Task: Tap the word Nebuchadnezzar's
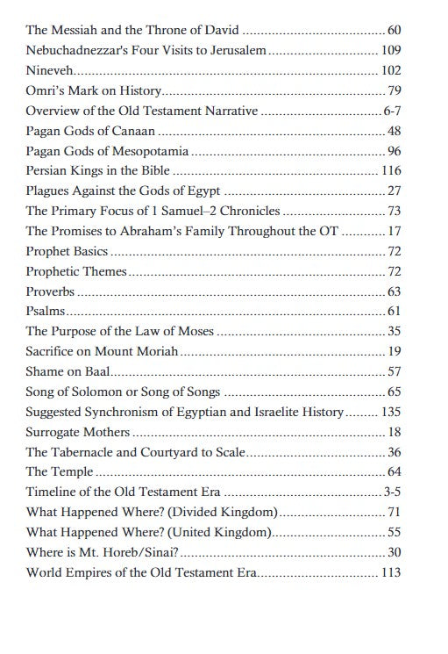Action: click(x=73, y=51)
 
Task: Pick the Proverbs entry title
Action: click(x=50, y=291)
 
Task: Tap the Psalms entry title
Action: click(x=46, y=310)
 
